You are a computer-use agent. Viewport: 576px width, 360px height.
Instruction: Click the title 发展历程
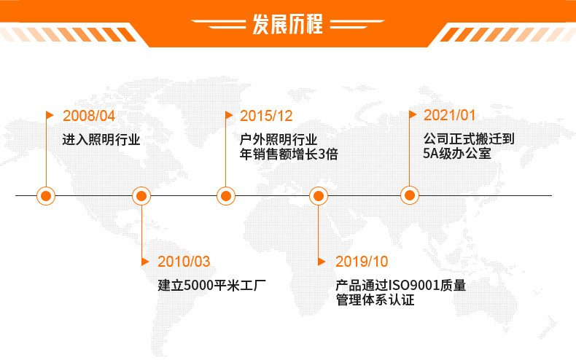click(x=287, y=24)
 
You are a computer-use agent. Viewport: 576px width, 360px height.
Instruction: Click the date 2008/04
click(x=89, y=116)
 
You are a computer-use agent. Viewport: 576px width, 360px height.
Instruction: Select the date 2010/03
click(x=184, y=261)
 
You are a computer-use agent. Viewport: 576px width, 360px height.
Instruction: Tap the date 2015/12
click(x=266, y=116)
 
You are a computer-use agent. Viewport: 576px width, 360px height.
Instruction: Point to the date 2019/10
click(x=362, y=261)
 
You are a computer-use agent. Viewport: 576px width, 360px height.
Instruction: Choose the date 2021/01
click(x=449, y=116)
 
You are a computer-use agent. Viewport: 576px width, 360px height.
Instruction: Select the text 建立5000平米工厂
click(x=206, y=285)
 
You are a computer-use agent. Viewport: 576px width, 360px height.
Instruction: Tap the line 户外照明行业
click(x=279, y=139)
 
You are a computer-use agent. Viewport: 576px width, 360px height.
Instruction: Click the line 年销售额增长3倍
click(x=289, y=154)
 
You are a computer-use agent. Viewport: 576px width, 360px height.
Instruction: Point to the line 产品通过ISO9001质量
click(x=400, y=285)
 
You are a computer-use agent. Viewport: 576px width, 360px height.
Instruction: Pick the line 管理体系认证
click(x=375, y=300)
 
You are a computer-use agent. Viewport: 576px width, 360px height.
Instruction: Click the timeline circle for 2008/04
click(x=47, y=195)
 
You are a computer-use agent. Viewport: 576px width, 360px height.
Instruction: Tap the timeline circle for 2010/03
click(x=141, y=195)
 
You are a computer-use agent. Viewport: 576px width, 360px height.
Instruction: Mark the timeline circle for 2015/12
click(x=226, y=195)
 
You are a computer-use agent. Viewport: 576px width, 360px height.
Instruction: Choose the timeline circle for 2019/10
click(x=318, y=195)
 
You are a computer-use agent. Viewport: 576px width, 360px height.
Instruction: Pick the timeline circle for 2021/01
click(x=410, y=195)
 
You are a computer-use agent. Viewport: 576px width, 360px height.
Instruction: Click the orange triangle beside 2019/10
click(x=322, y=261)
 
